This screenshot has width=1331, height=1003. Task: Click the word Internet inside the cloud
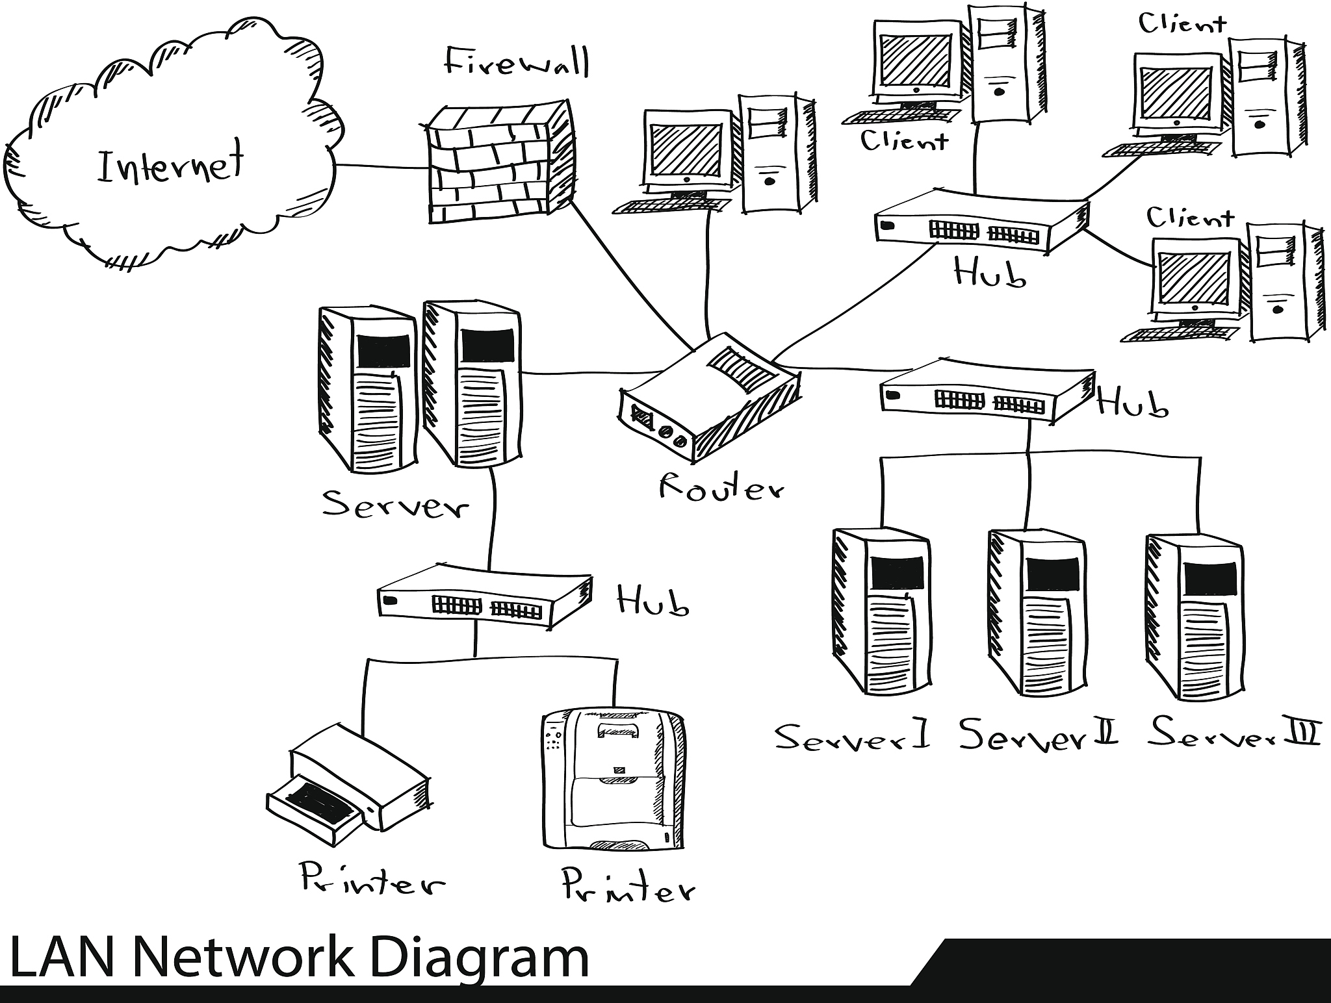[171, 162]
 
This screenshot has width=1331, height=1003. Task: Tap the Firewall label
[517, 64]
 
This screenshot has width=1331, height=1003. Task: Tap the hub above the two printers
[484, 595]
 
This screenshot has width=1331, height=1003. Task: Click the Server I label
[852, 737]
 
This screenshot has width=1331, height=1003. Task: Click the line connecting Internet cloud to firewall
[381, 166]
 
